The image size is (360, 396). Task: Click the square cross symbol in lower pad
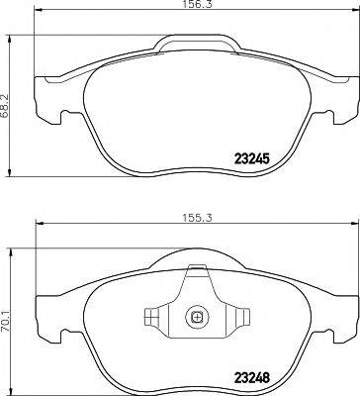(x=196, y=319)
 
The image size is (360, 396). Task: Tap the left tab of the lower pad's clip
(x=151, y=319)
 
